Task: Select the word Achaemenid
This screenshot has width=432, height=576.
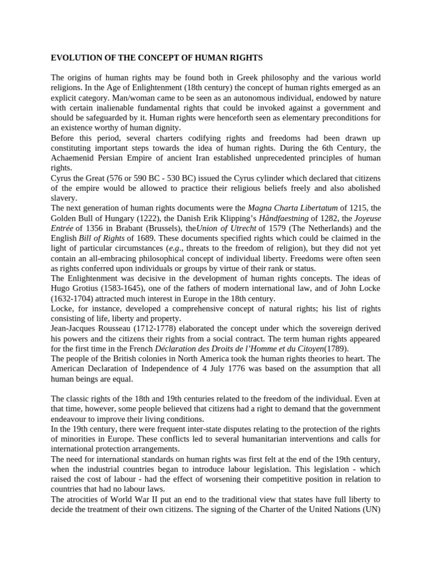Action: (73, 158)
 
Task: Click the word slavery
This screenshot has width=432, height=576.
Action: (64, 199)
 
